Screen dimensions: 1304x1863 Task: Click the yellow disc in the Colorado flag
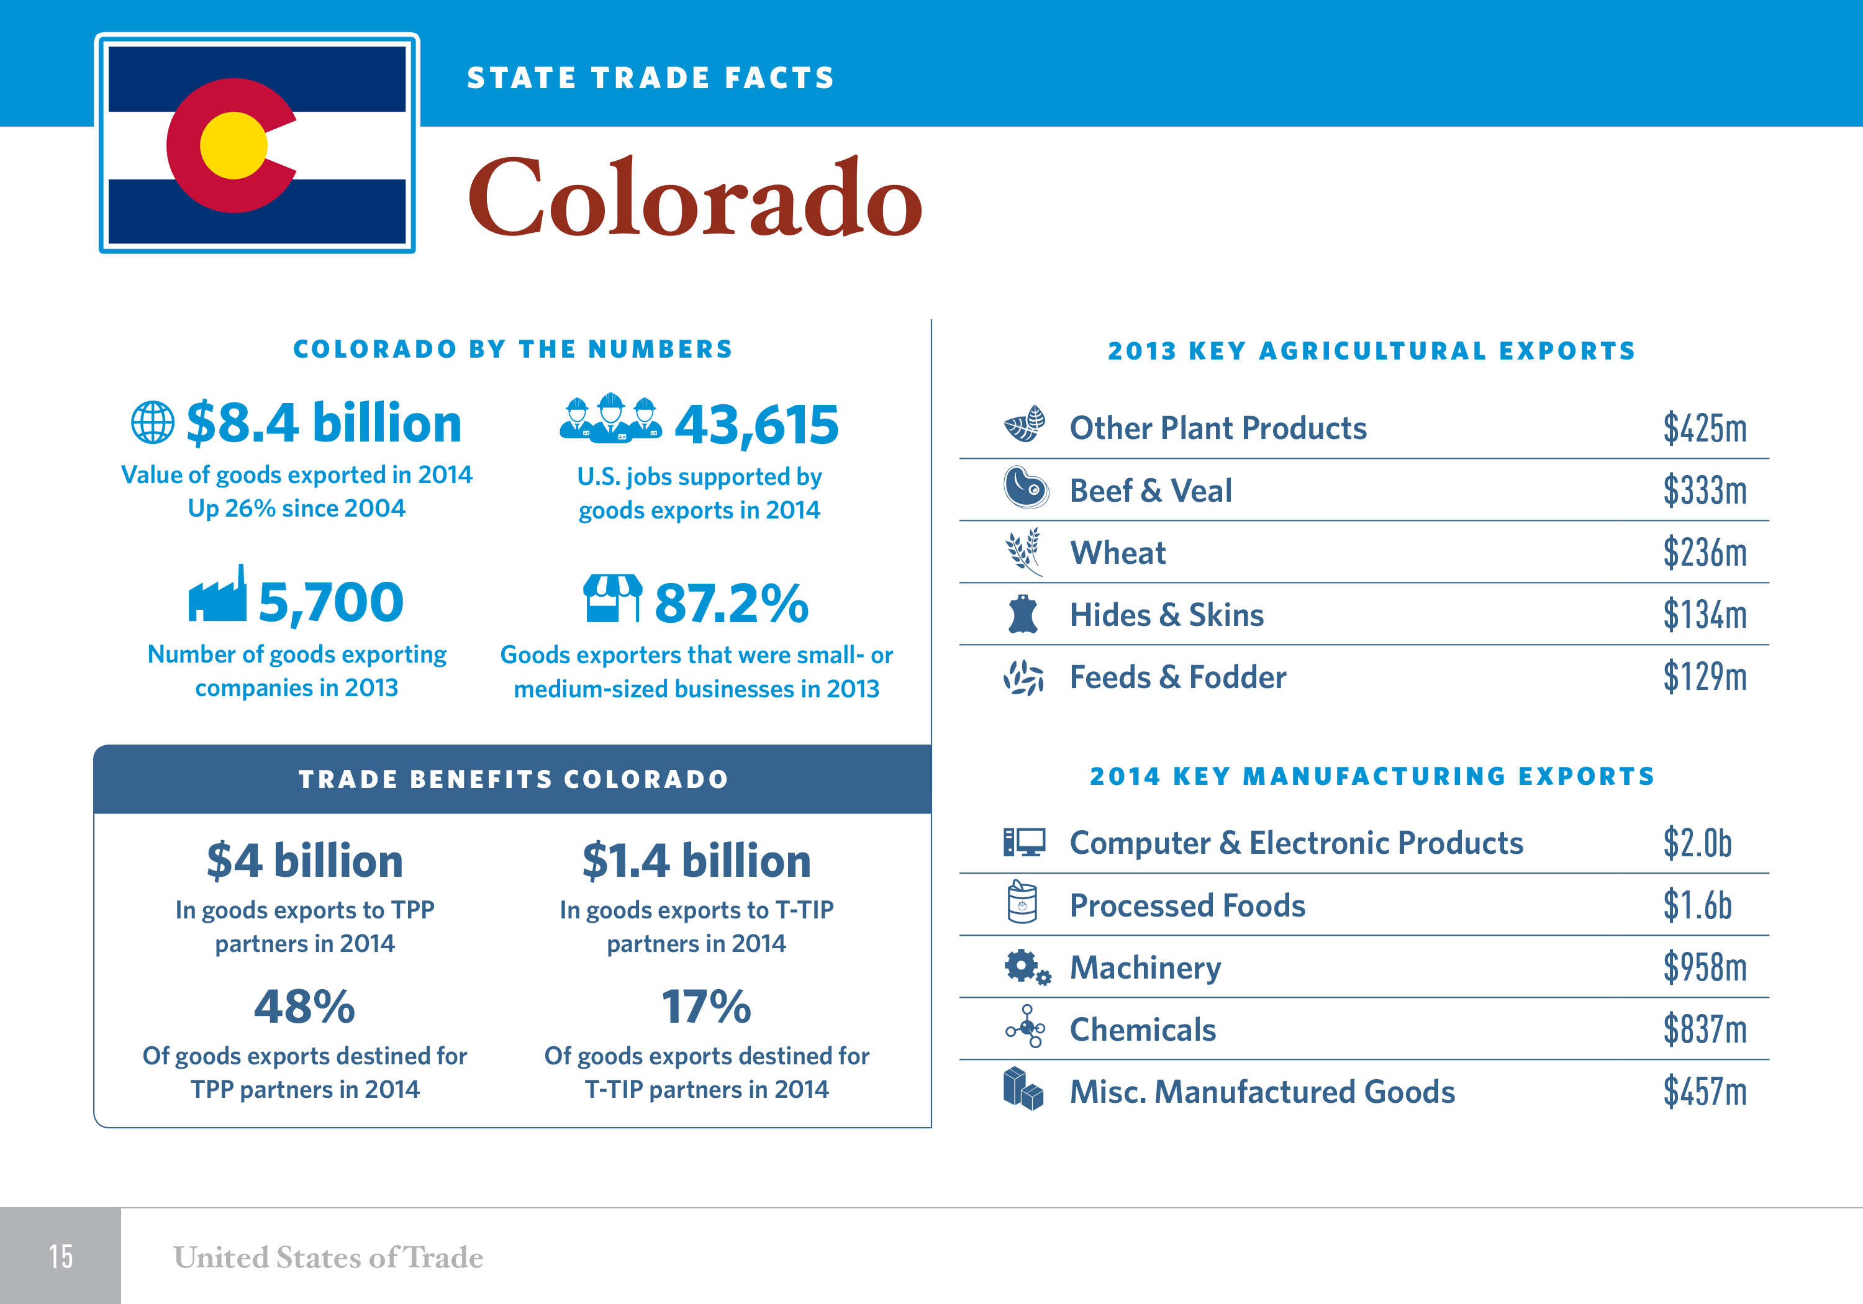coord(233,145)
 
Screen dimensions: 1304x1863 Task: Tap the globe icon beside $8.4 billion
coord(153,423)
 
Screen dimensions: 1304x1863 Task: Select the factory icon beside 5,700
coord(217,595)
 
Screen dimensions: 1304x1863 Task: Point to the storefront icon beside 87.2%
coord(612,598)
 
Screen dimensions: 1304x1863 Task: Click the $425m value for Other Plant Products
coord(1704,428)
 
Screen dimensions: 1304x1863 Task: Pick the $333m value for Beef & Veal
coord(1704,490)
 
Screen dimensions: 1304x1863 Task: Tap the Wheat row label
coord(1117,553)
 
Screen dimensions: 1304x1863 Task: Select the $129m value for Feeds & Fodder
coord(1704,677)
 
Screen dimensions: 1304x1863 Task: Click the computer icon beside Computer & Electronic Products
coord(1024,842)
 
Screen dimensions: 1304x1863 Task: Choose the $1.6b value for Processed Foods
coord(1697,905)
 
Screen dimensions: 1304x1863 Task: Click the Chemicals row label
coord(1143,1030)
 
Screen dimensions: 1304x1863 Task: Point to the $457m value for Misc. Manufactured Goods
coord(1704,1092)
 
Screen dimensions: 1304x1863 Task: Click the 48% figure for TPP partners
coord(304,1007)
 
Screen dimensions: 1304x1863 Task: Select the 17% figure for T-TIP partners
coord(706,1007)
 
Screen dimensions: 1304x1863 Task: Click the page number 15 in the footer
coord(61,1256)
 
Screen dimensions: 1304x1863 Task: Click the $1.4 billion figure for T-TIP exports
coord(696,861)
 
